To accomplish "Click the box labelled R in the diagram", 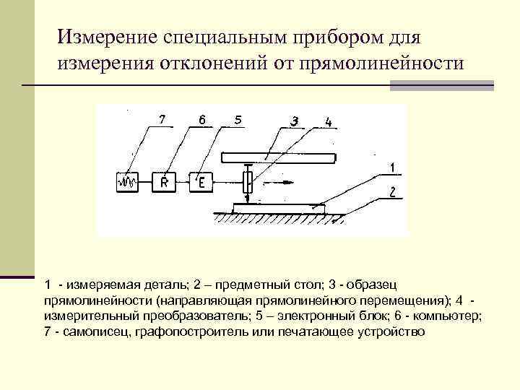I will click(164, 182).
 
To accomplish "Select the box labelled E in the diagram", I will click(200, 182).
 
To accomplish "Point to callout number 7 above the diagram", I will click(162, 118).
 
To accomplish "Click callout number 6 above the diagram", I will click(202, 118).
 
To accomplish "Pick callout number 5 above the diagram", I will click(237, 118).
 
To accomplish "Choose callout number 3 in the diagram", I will click(294, 121).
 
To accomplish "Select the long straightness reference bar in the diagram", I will click(278, 156).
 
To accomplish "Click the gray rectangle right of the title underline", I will click(441, 85).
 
